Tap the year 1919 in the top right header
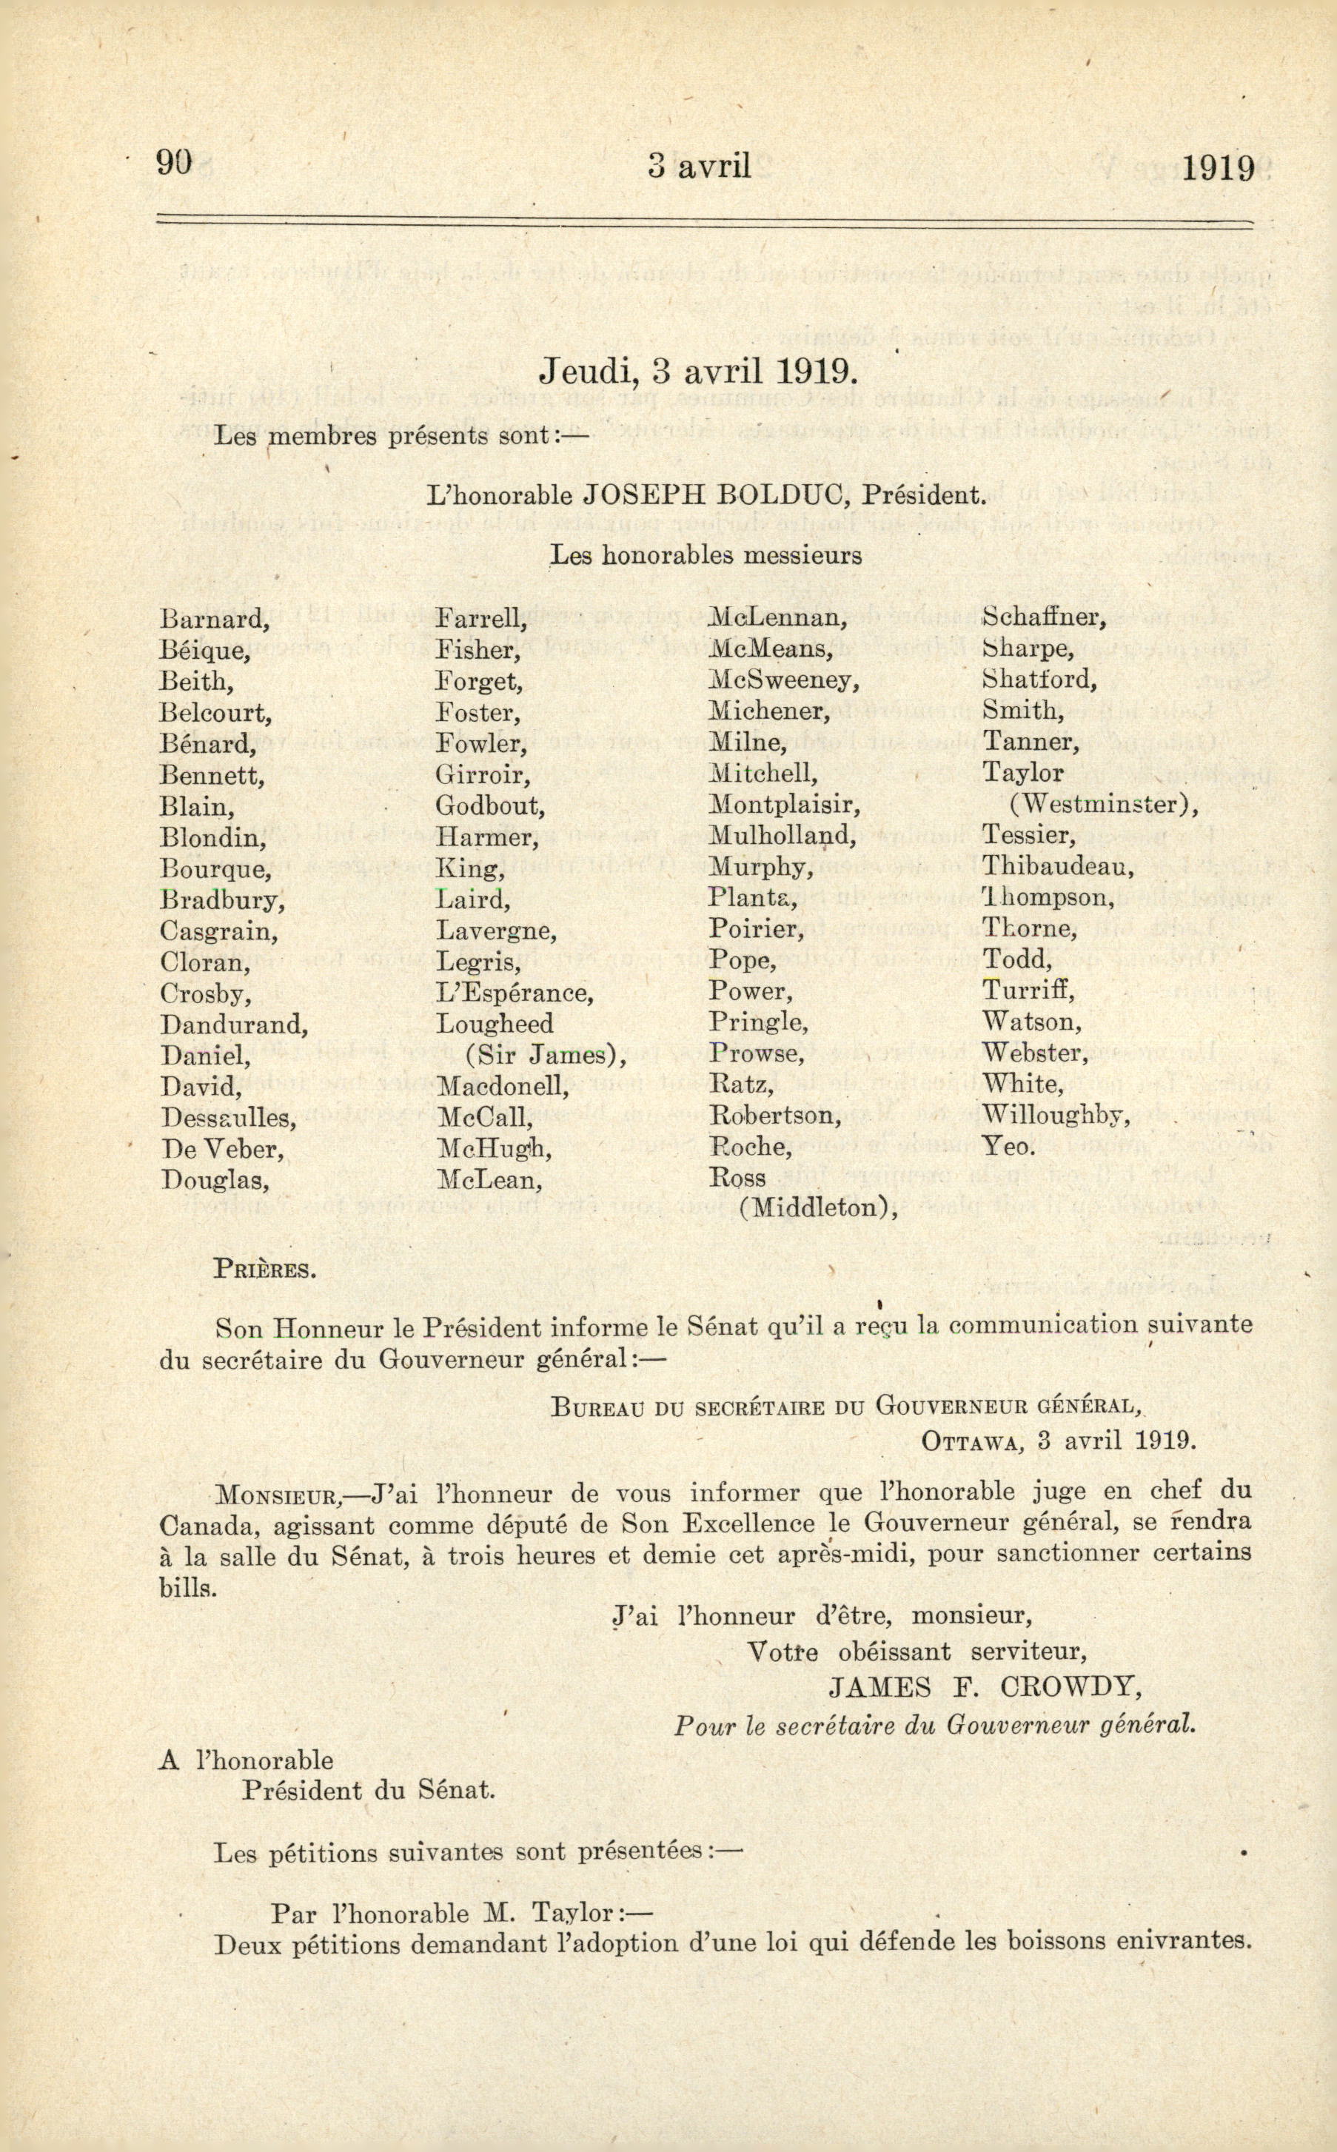point(1219,167)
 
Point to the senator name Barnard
point(214,619)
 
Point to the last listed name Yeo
point(1008,1147)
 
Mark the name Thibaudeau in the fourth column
point(1059,868)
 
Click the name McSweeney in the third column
point(784,681)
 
